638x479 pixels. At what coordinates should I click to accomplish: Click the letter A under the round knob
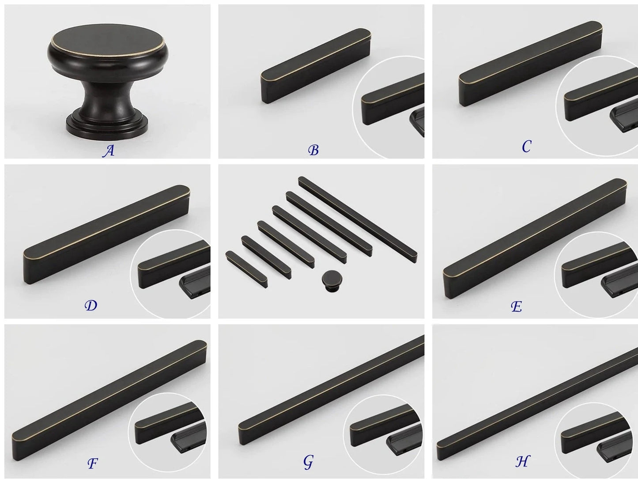coord(109,151)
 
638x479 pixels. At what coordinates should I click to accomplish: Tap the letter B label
coord(313,150)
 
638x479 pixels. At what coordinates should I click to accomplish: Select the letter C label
coord(526,146)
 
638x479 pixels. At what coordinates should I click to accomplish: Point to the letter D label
coord(91,305)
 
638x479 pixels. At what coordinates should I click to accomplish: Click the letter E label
coord(517,307)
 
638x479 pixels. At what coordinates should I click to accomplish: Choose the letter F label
coord(92,463)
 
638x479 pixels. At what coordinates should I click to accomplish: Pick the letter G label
coord(308,462)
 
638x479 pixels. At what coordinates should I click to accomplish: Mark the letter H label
coord(523,461)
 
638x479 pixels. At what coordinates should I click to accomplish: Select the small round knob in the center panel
coord(332,280)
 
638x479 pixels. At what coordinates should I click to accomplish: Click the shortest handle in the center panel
coord(246,269)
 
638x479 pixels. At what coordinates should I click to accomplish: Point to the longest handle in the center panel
coord(358,219)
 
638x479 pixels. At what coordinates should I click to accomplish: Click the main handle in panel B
coord(316,66)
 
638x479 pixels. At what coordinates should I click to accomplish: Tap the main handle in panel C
coord(530,64)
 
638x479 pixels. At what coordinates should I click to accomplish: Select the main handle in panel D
coord(106,234)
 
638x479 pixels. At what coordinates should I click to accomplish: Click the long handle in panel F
coord(109,400)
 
